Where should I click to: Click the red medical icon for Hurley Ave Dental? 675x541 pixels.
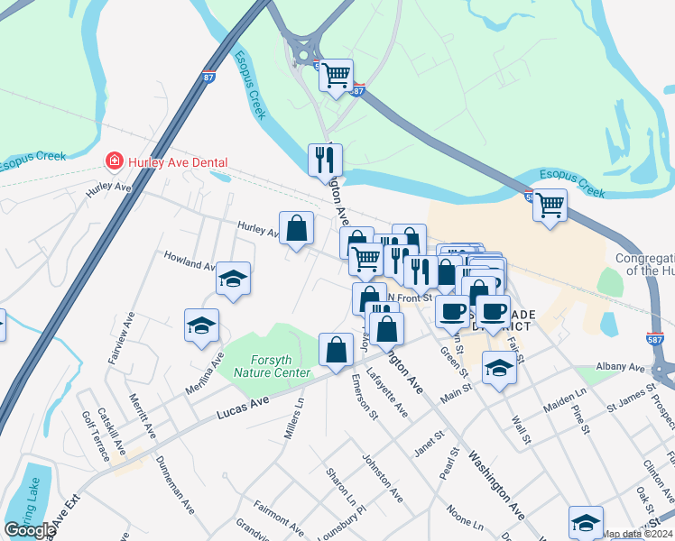click(115, 161)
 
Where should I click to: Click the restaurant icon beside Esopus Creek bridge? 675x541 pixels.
click(325, 160)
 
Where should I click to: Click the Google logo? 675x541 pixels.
click(30, 529)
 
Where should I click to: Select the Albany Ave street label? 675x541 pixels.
click(621, 368)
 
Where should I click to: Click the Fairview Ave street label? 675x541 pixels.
click(120, 338)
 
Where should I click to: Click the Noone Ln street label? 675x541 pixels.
click(465, 518)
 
